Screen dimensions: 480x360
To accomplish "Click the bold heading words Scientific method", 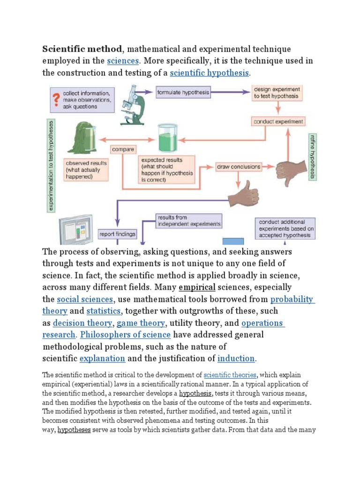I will (x=82, y=49).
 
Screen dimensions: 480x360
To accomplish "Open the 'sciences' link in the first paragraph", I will (x=123, y=61).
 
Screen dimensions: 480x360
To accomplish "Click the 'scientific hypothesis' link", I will (x=210, y=73).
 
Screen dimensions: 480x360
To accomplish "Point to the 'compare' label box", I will (x=123, y=150).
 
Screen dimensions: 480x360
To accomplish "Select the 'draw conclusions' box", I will (x=239, y=166).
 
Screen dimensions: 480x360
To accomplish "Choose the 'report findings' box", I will (x=117, y=234).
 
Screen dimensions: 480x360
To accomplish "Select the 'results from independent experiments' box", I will (x=188, y=221).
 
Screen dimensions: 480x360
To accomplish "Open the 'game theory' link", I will (x=141, y=323).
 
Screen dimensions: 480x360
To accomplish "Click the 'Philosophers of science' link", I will (x=125, y=335).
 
